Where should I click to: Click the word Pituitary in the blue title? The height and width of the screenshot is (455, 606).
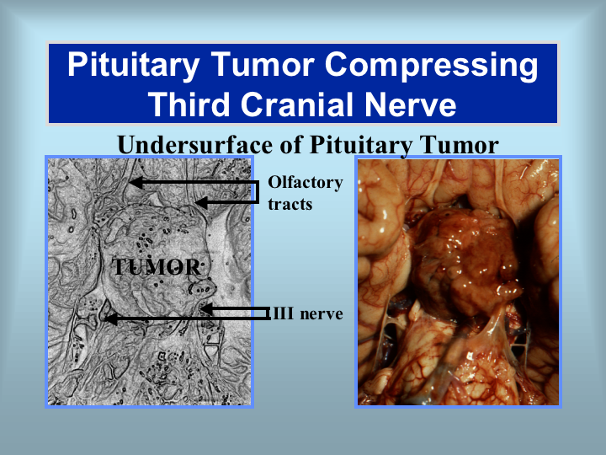pos(133,65)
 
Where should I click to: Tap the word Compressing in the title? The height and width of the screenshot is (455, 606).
pos(431,65)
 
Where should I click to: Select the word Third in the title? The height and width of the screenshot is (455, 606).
pos(189,104)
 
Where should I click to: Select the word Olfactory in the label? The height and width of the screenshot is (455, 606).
pos(306,182)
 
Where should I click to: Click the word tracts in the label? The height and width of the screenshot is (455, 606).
pos(290,204)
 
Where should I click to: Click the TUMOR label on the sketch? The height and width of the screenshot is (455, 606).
pos(157,267)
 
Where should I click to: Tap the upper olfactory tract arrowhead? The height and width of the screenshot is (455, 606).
pos(136,182)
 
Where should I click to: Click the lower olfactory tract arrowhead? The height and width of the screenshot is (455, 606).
pos(201,202)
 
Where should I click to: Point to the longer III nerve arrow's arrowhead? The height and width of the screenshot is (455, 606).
pos(110,318)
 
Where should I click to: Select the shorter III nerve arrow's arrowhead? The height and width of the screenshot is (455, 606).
pos(206,309)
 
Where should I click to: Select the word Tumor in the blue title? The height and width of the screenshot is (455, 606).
pos(263,65)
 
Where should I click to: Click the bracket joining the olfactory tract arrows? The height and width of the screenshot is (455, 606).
pos(257,192)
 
